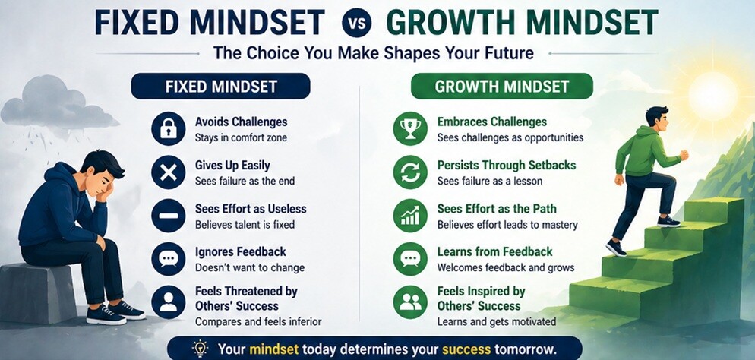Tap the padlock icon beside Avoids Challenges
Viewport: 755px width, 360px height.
tap(168, 128)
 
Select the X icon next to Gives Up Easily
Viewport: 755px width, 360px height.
tap(168, 172)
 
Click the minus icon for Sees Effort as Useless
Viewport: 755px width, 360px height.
tap(168, 216)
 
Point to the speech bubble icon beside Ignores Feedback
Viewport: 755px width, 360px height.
tap(168, 259)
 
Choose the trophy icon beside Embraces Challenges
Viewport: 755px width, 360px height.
tap(410, 128)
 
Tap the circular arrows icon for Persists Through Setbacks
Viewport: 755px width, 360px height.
tap(410, 172)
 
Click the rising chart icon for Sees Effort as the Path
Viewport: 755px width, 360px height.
tap(410, 216)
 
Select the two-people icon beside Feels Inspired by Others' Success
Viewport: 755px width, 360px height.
tap(410, 302)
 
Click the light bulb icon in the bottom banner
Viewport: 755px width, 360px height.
tap(200, 349)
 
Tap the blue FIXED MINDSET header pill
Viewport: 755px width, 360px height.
tap(220, 87)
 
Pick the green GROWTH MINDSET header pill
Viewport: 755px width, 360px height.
tap(501, 87)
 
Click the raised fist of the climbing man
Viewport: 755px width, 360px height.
tap(684, 155)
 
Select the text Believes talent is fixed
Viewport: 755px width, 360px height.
tap(245, 225)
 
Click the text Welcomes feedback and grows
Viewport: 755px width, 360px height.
tap(505, 267)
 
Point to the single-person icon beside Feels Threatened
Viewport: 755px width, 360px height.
tap(168, 302)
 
